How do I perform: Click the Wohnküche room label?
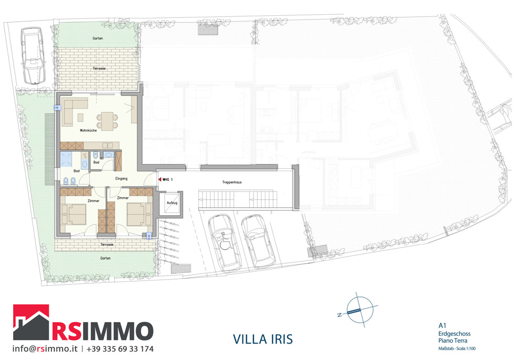88,131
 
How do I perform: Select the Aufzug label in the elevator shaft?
172,203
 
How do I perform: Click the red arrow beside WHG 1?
159,179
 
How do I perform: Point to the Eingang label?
122,179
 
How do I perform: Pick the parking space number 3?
271,212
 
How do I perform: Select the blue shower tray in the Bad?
67,158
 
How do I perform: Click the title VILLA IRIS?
262,338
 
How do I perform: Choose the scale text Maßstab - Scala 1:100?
457,348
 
